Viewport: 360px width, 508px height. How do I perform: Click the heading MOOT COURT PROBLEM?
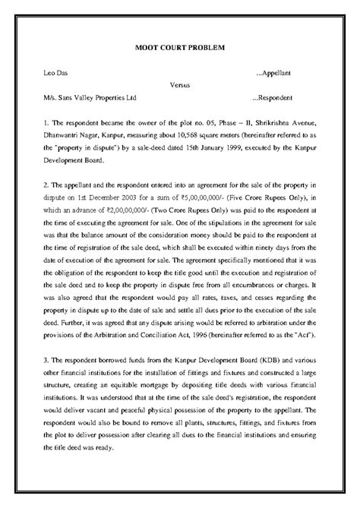179,48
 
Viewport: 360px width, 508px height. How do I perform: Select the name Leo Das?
58,74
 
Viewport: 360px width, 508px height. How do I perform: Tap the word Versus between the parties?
180,86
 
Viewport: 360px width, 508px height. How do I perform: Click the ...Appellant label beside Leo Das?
279,74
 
